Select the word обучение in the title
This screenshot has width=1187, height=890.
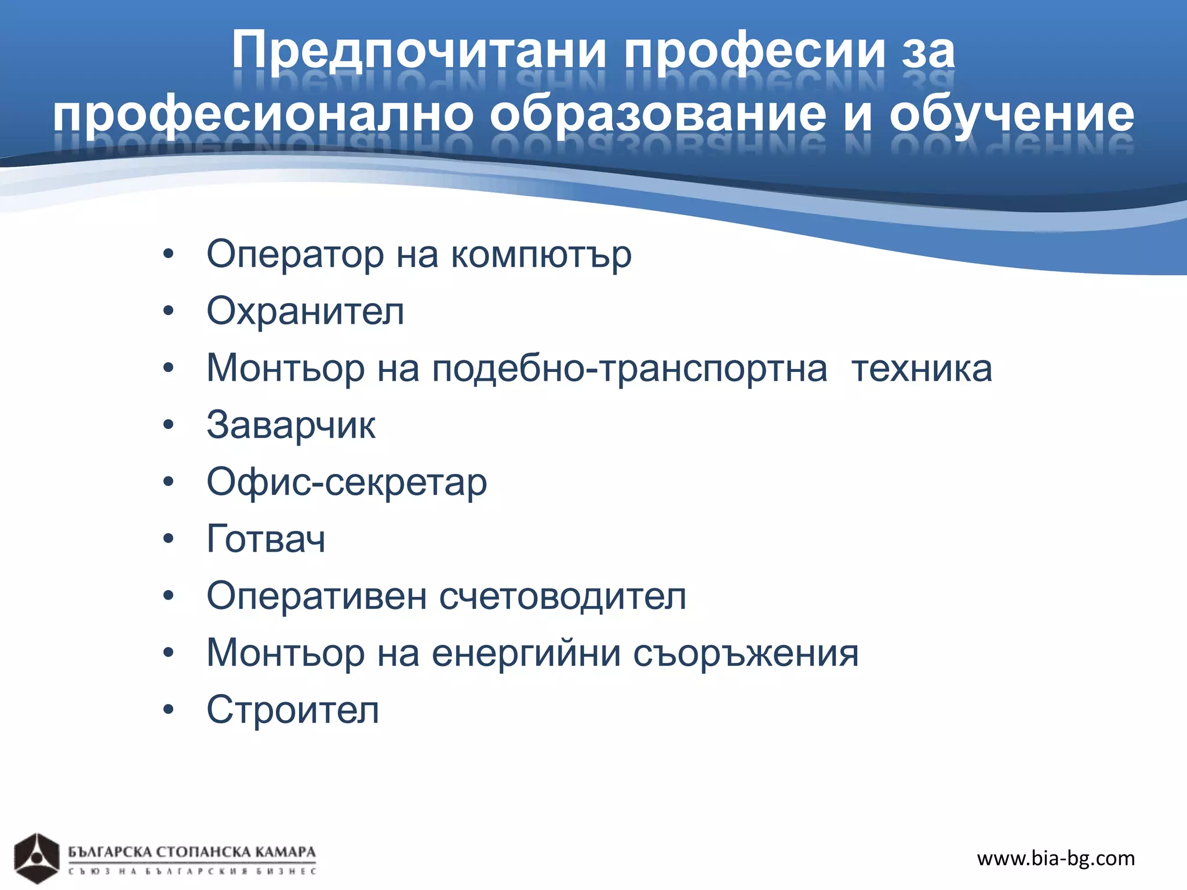(1011, 114)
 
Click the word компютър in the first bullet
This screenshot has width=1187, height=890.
(541, 255)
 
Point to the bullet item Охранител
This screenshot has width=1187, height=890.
(305, 311)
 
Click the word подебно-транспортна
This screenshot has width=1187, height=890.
(629, 369)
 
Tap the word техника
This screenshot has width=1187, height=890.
(922, 369)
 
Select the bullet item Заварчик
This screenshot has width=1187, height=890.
(291, 425)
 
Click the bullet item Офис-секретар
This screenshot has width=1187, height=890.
(347, 482)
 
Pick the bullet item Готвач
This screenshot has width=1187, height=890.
(266, 539)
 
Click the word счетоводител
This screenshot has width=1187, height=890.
(562, 596)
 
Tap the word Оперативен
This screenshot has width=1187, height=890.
(316, 596)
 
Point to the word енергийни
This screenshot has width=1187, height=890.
(526, 653)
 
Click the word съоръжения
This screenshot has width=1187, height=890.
(745, 653)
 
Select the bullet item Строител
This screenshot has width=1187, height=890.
(293, 710)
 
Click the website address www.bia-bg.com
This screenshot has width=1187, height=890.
(1055, 858)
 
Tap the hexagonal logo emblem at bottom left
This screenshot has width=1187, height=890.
(37, 858)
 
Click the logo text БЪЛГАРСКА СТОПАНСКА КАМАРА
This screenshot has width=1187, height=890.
(192, 852)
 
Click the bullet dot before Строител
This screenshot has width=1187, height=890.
(169, 710)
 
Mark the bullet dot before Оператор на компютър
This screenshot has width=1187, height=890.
(169, 254)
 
